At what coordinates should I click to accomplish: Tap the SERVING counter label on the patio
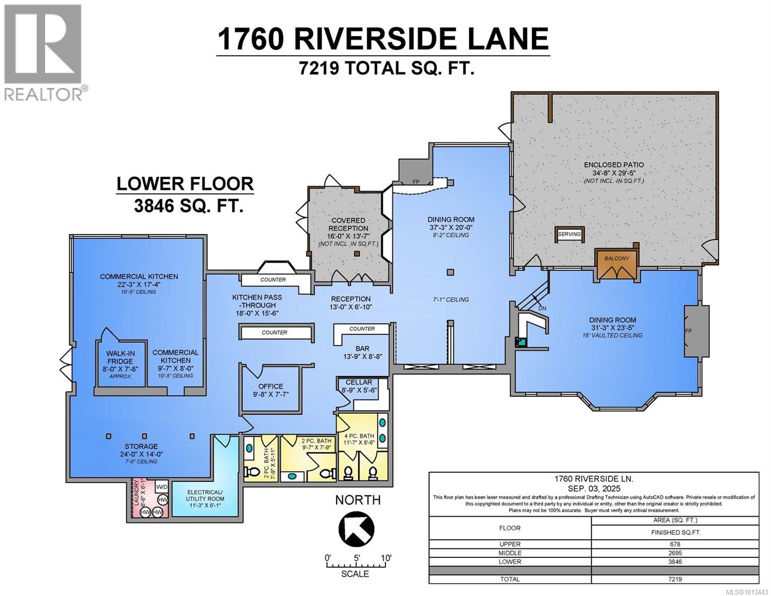569,234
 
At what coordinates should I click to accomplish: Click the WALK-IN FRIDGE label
120,357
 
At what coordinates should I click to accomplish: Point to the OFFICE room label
271,386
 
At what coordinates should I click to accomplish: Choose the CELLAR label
359,382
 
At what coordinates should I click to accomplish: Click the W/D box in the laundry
162,486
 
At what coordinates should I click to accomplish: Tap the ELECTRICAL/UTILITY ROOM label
205,496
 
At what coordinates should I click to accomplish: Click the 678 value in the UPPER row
675,544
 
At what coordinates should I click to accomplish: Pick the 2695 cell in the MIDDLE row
675,553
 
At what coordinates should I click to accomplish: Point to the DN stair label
543,308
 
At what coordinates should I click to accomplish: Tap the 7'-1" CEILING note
450,299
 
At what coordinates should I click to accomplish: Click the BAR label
362,349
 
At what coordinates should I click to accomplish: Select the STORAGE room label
141,446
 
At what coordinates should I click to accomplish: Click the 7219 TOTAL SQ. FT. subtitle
387,68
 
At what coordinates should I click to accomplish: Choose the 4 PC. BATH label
359,436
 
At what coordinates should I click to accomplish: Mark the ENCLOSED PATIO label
614,165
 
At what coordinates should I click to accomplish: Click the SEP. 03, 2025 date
594,488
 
